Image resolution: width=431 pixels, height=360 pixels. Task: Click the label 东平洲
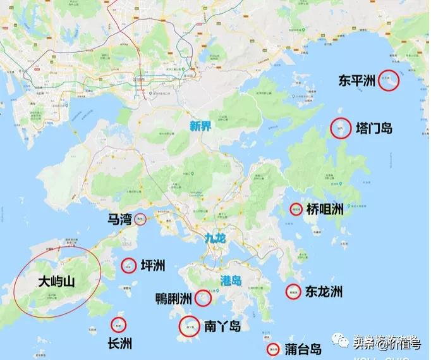coord(358,81)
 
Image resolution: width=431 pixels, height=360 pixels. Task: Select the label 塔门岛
coord(375,128)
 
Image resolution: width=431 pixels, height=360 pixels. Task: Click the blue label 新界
coord(200,126)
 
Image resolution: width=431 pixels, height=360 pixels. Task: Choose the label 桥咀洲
coord(325,209)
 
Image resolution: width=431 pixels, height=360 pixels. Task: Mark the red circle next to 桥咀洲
coord(296,209)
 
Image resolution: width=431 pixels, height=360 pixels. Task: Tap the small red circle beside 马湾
coord(141,220)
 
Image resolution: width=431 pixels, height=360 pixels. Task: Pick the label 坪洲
coord(153,266)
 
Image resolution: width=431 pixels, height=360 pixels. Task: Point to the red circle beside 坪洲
coord(128,266)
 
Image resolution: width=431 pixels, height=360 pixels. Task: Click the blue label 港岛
coord(232,280)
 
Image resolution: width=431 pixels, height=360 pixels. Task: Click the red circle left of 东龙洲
coord(293,291)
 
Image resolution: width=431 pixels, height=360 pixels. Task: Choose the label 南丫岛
coord(222,326)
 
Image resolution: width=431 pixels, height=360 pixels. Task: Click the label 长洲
coord(120,344)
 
